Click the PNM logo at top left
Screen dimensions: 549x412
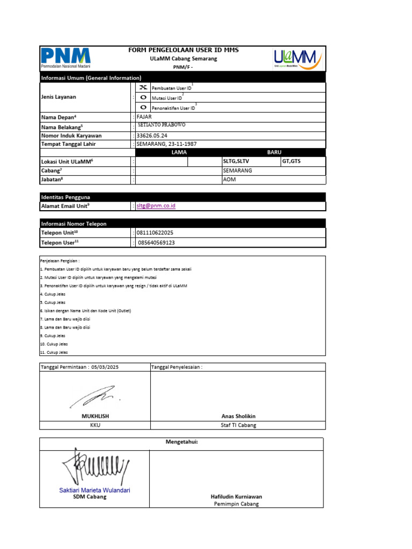(66, 58)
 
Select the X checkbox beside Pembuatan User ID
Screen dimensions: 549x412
(143, 87)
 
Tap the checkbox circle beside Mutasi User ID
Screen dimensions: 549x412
(143, 97)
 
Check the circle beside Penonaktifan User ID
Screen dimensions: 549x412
(143, 107)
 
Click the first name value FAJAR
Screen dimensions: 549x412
(144, 117)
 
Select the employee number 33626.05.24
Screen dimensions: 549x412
(152, 136)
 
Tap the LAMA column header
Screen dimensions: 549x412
(178, 152)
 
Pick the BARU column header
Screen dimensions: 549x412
(274, 152)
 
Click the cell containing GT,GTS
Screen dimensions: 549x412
(292, 161)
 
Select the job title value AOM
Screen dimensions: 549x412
(229, 180)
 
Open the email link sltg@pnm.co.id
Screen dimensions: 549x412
(156, 206)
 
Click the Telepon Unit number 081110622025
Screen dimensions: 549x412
(155, 233)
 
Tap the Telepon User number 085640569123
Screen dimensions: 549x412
(157, 243)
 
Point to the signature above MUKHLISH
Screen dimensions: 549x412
(93, 397)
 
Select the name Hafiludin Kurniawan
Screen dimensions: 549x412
(236, 496)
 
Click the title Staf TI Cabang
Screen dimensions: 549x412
(238, 425)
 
